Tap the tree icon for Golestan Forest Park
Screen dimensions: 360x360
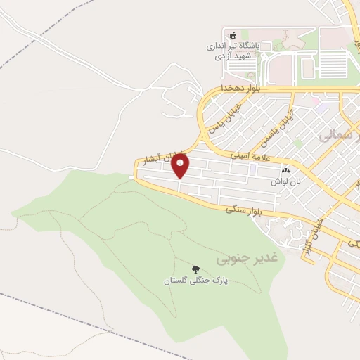click(195, 269)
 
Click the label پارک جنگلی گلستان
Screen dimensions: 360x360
click(196, 281)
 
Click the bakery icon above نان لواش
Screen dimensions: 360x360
click(285, 170)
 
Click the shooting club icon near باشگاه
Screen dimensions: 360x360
click(233, 34)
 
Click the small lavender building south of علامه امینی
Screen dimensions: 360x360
click(262, 169)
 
